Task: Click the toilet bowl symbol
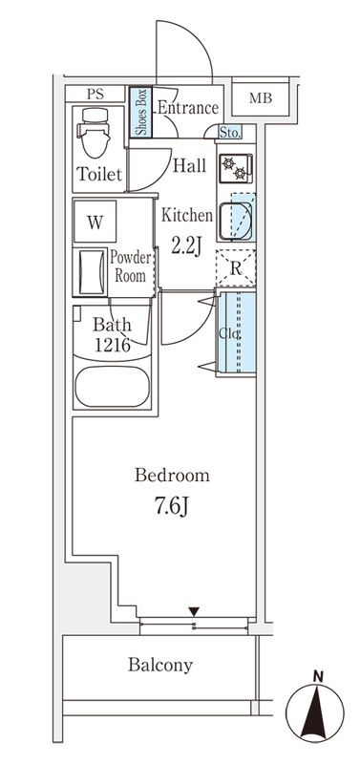click(95, 132)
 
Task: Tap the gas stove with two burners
click(236, 168)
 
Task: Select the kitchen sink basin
click(236, 222)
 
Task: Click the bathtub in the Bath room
click(113, 387)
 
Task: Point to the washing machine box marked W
click(95, 222)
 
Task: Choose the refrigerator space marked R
click(236, 267)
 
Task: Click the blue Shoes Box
click(140, 112)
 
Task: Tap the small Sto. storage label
click(229, 133)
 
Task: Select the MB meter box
click(261, 98)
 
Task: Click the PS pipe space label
click(95, 94)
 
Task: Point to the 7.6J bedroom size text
click(172, 507)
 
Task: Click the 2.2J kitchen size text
click(186, 245)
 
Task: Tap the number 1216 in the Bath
click(112, 345)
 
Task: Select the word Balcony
click(160, 665)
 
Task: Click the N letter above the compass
click(318, 676)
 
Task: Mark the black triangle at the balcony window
click(195, 611)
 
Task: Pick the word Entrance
click(187, 108)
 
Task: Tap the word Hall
click(189, 166)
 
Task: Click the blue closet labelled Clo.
click(237, 333)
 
